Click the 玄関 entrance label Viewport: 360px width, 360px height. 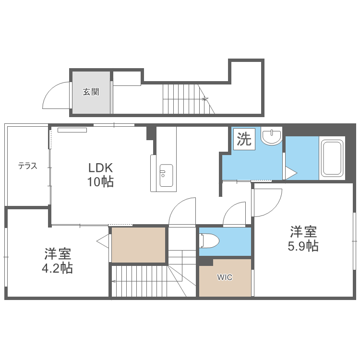[x=91, y=92]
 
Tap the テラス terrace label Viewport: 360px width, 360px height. [x=27, y=166]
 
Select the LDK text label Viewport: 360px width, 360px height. [x=101, y=168]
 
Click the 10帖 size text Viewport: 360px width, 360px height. [x=100, y=181]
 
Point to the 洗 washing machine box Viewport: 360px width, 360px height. [x=244, y=139]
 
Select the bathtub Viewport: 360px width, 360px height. [x=332, y=158]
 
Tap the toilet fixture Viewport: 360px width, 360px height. [x=209, y=241]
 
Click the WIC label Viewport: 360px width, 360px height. [x=225, y=277]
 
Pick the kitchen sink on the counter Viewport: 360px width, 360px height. [x=166, y=175]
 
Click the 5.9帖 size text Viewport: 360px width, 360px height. [x=303, y=246]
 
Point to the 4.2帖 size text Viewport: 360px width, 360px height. [x=57, y=268]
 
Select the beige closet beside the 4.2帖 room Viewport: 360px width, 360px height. [x=139, y=245]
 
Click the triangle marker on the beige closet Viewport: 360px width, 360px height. [x=103, y=241]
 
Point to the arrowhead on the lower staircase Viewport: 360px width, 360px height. [x=113, y=281]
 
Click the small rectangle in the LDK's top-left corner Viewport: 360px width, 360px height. [x=72, y=130]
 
